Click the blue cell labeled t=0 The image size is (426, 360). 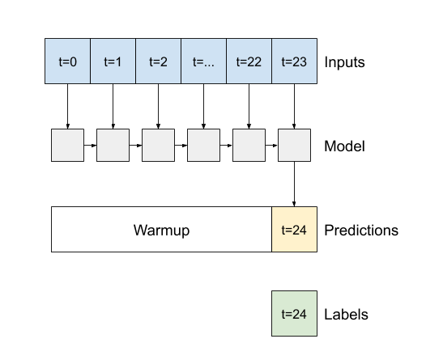coord(67,61)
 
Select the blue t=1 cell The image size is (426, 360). coord(113,61)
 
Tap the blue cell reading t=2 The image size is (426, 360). coord(158,61)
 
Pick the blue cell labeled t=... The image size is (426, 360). coord(203,61)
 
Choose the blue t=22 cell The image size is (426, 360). coord(249,61)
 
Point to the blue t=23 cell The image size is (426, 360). coord(294,61)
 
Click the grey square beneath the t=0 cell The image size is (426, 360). coord(67,145)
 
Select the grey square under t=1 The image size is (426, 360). coord(113,145)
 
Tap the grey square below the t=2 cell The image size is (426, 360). coord(158,145)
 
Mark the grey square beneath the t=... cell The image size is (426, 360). coord(203,145)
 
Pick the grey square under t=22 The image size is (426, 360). coord(249,145)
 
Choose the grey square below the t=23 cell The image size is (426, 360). coord(294,145)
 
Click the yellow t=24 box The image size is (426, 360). coord(294,229)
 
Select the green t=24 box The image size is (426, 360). coord(294,313)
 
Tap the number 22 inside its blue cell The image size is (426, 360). coord(254,61)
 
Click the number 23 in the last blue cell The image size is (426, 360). coord(300,61)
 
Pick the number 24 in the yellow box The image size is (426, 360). coord(300,230)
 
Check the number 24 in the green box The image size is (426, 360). coord(300,314)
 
